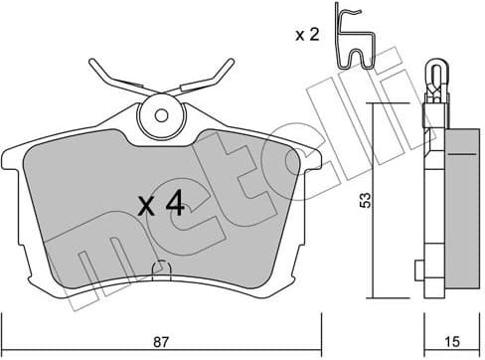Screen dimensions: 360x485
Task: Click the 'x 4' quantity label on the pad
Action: pos(159,206)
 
